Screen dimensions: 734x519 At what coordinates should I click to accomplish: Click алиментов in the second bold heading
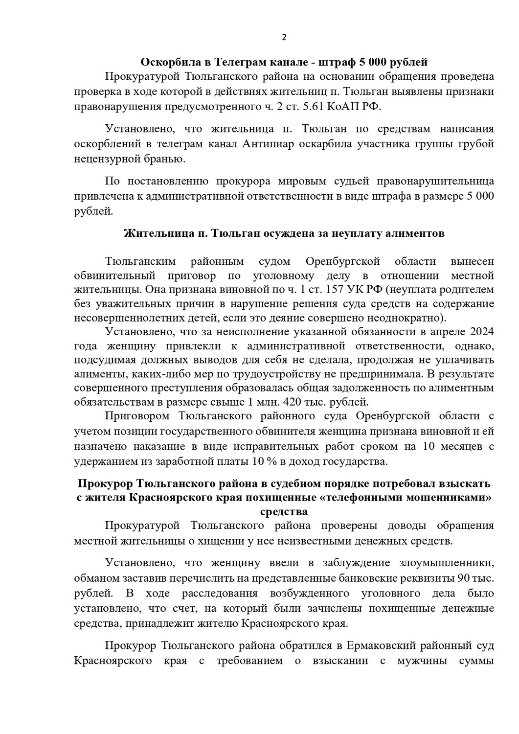tap(414, 233)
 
